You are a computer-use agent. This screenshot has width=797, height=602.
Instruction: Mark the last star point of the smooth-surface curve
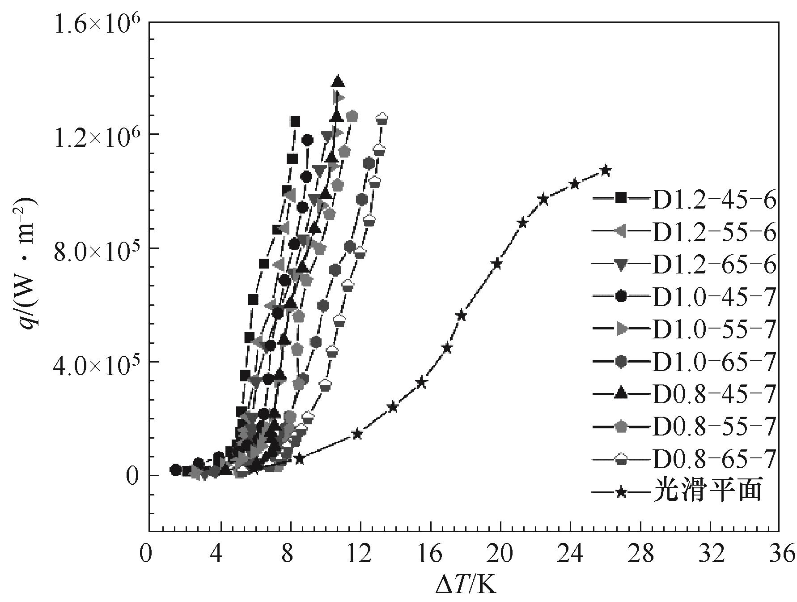tap(606, 170)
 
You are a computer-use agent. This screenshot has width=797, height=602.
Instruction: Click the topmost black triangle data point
tap(338, 82)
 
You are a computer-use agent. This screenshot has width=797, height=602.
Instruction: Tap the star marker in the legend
tap(620, 492)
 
